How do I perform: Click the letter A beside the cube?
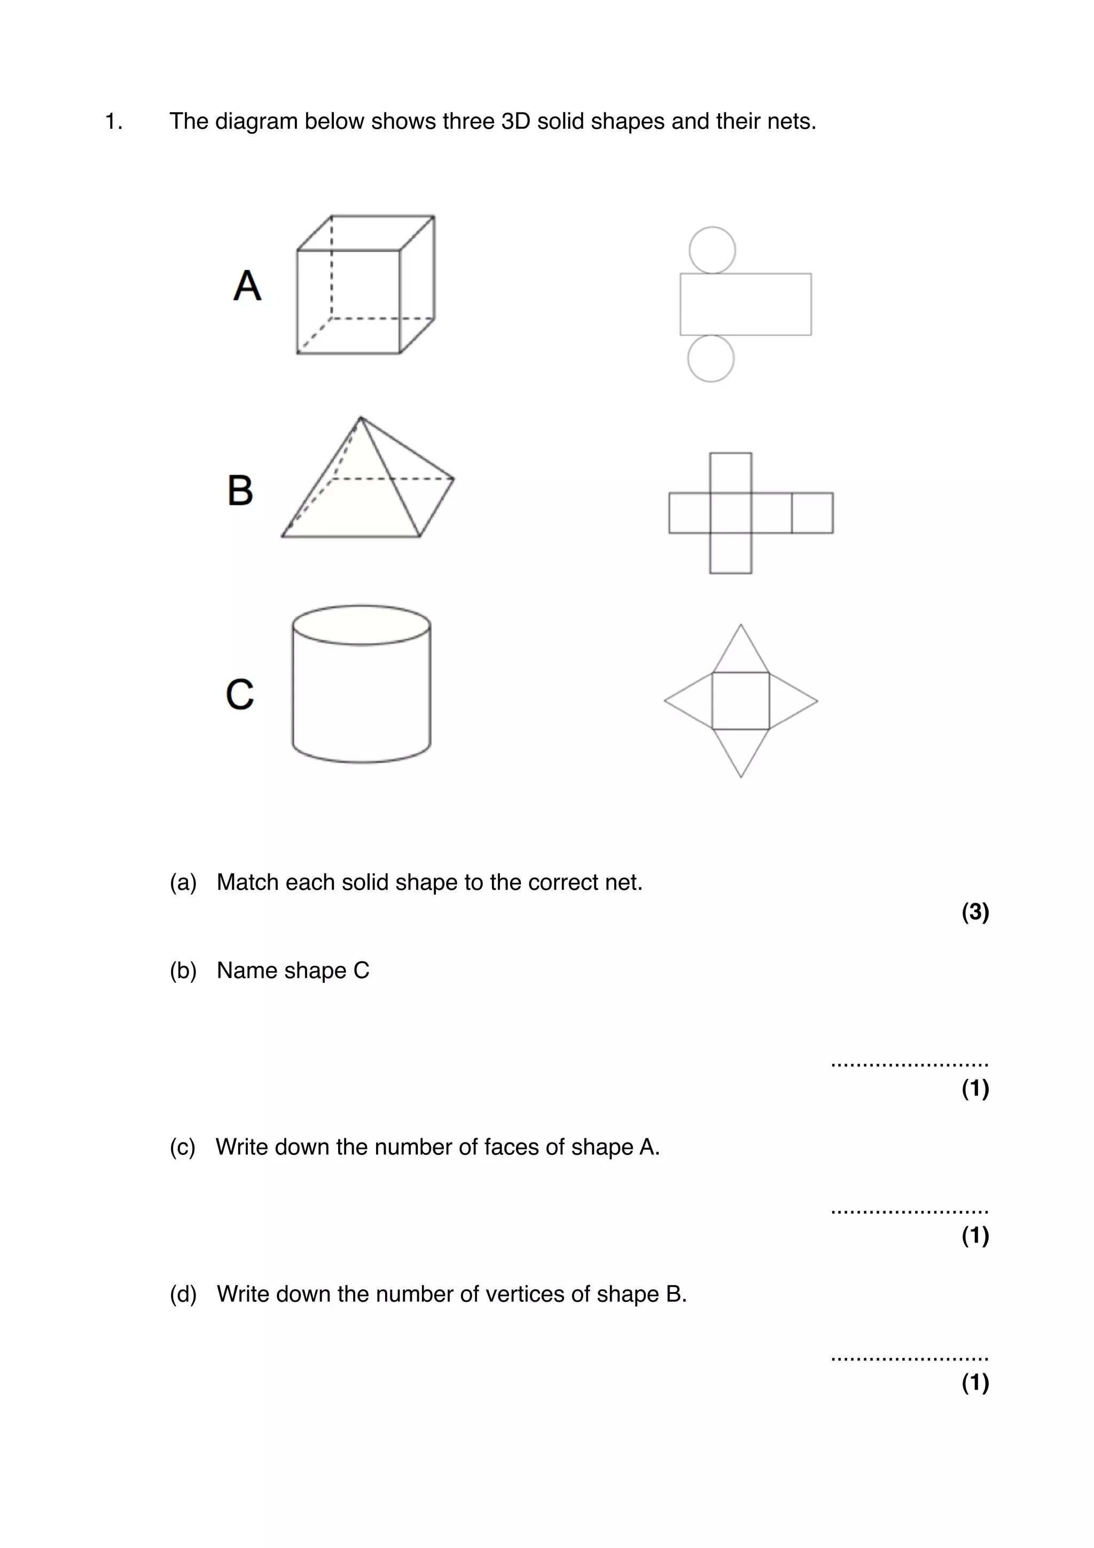pos(247,285)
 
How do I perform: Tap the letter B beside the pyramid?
pos(240,490)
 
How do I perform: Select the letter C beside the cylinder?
pos(239,694)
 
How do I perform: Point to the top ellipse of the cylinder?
pos(361,625)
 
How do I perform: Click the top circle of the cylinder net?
pos(712,250)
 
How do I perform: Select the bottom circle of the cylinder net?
pos(710,358)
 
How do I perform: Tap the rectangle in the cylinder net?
pos(746,304)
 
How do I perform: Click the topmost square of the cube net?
pos(731,473)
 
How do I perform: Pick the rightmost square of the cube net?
pos(812,513)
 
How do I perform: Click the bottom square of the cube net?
pos(731,553)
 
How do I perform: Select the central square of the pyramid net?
pos(741,700)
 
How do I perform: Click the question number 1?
pos(113,121)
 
